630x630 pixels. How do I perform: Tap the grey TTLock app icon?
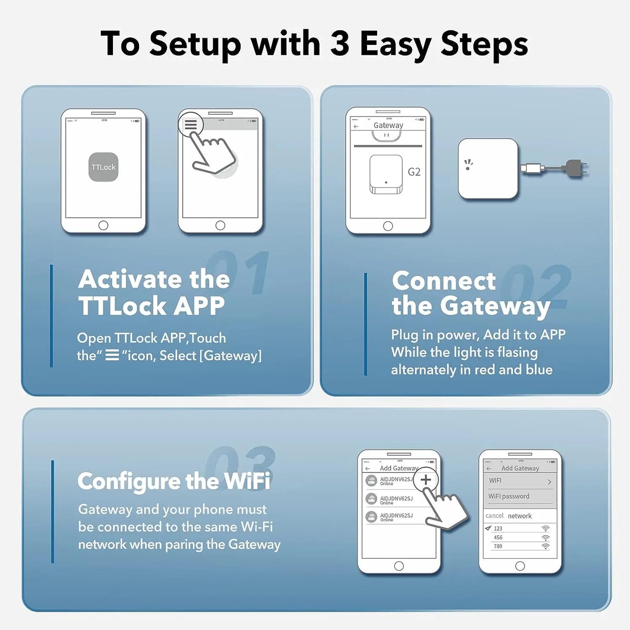[103, 167]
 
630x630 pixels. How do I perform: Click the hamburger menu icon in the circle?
[191, 125]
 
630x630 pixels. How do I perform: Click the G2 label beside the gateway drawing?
[414, 172]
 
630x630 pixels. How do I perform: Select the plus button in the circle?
[426, 480]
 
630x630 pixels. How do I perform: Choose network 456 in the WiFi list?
[498, 538]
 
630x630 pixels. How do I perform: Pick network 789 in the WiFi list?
[498, 546]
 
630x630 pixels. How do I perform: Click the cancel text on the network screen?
[494, 516]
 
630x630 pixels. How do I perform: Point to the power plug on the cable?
[576, 168]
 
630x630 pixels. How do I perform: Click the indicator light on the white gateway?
[468, 168]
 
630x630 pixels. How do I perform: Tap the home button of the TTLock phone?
[103, 225]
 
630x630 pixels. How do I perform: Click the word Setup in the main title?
[195, 44]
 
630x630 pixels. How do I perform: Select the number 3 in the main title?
[340, 44]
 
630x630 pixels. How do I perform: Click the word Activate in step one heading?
[129, 279]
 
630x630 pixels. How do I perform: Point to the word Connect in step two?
[443, 281]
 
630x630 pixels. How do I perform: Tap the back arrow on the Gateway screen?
[356, 126]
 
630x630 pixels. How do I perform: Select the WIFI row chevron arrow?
[549, 482]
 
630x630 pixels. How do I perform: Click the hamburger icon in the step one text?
[112, 356]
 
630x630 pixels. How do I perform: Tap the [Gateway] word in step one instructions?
[230, 356]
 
